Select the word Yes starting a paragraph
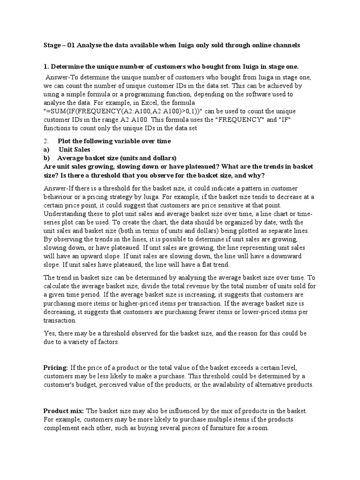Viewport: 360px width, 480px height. coord(49,333)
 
